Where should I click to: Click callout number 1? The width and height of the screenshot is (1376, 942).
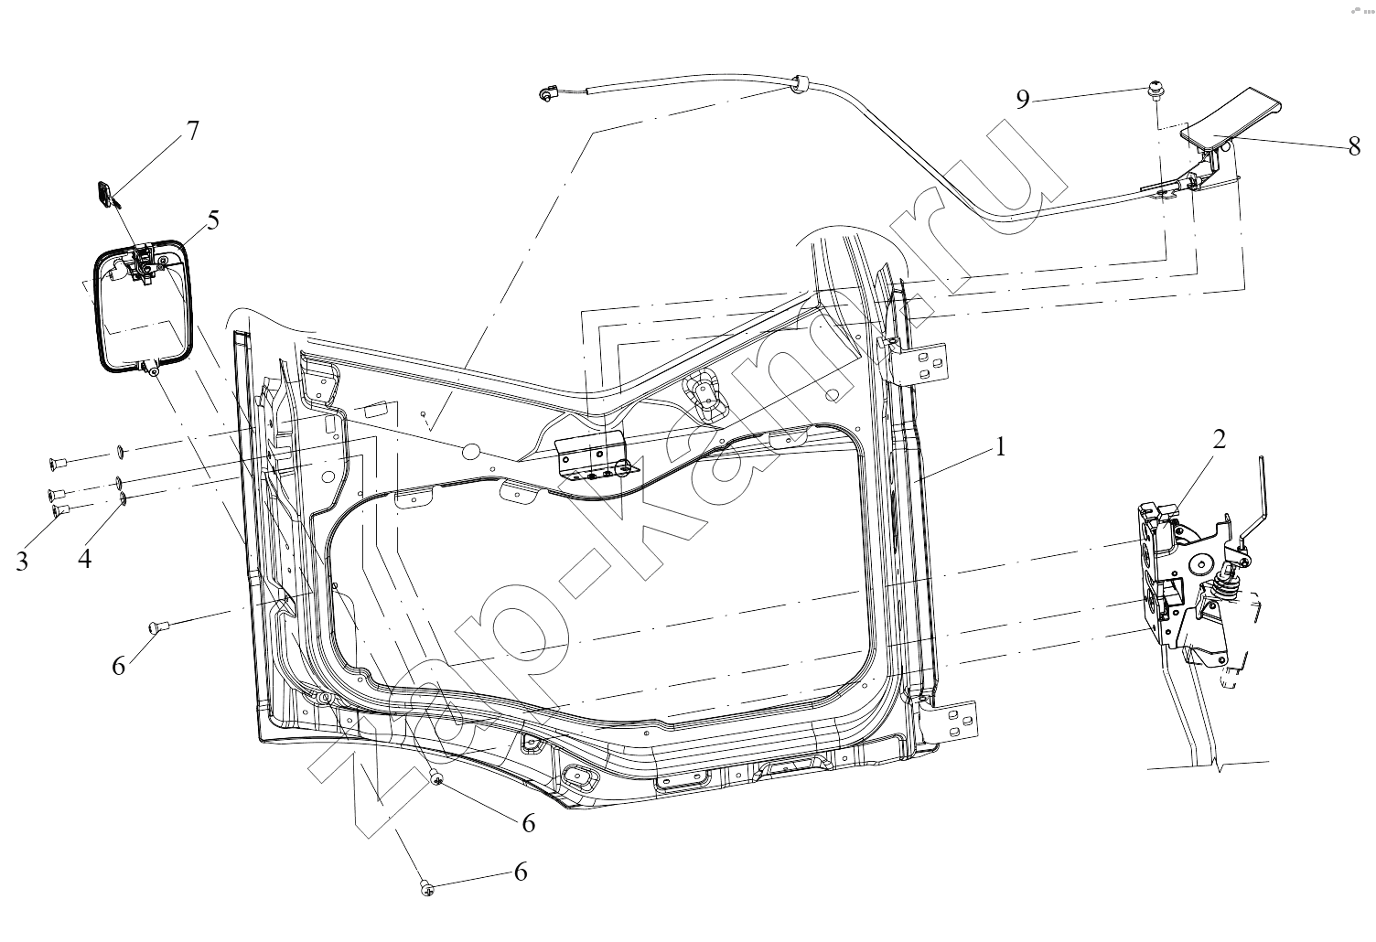(1001, 447)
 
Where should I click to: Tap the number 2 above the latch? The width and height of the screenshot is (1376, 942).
(1220, 439)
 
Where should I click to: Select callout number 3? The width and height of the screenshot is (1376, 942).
(22, 562)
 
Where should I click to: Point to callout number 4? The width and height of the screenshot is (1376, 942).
(85, 559)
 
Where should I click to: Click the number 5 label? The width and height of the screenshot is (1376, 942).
(212, 219)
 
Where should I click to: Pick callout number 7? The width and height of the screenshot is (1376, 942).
(193, 131)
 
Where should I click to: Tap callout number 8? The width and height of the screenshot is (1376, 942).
(1354, 146)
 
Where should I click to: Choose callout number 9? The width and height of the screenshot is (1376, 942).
(1023, 100)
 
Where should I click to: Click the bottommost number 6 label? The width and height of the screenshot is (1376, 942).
(521, 872)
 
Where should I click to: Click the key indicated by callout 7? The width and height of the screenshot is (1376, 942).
(105, 194)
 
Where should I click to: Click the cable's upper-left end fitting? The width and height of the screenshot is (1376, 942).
(545, 94)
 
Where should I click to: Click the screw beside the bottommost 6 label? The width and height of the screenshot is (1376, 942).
(425, 888)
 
